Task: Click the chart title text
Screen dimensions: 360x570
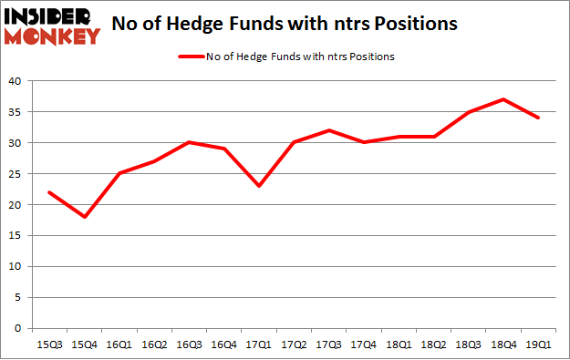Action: point(284,26)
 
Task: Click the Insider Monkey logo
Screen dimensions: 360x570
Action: point(52,25)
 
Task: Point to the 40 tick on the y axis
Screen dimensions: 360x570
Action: point(18,81)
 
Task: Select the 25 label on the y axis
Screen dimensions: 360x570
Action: point(18,174)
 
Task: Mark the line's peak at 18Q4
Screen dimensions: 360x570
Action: point(503,99)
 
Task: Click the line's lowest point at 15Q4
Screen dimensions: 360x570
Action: point(84,217)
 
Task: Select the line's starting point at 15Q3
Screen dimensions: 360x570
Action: point(48,192)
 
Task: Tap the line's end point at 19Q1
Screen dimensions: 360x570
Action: point(538,118)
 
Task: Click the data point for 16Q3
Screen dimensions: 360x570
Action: point(188,142)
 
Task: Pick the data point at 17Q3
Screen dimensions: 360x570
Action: point(328,130)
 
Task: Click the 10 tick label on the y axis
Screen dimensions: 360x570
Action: point(18,266)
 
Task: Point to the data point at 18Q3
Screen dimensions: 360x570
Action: point(468,112)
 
